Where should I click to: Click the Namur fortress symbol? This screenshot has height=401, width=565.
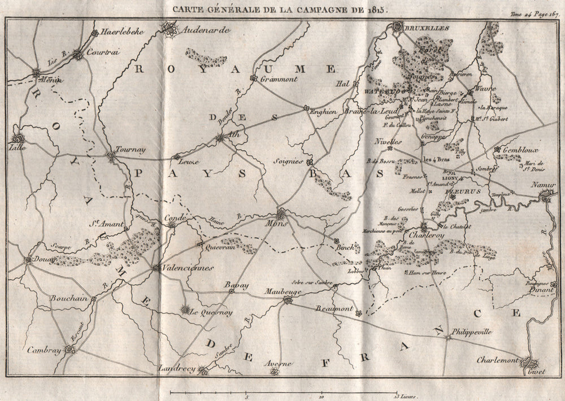546,195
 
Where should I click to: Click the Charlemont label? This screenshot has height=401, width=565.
497,359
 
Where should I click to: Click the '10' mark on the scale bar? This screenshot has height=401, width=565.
321,396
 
